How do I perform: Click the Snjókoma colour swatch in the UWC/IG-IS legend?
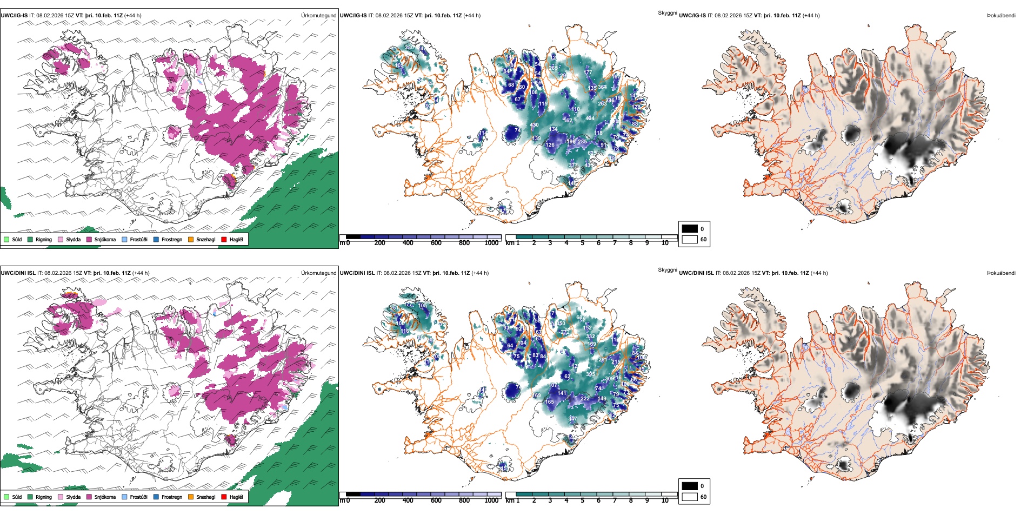tap(89, 239)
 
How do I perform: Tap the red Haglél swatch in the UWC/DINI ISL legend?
tap(224, 497)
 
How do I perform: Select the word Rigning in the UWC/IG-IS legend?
tap(44, 239)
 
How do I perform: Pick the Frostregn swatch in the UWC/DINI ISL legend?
tap(156, 497)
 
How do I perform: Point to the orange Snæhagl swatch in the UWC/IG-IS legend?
tap(191, 239)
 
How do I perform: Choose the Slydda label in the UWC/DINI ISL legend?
tap(74, 497)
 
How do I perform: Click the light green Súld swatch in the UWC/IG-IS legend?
tap(6, 239)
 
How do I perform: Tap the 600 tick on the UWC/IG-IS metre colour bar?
tap(436, 243)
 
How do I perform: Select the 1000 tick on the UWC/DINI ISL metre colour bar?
tap(491, 500)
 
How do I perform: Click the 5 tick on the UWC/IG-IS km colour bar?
tap(583, 243)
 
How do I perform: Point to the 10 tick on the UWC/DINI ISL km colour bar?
tap(665, 500)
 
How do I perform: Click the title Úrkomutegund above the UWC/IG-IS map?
tap(318, 16)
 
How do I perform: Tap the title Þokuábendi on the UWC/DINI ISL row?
tap(1001, 273)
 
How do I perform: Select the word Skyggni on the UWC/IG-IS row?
tap(668, 12)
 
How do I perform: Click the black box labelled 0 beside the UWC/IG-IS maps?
tap(690, 229)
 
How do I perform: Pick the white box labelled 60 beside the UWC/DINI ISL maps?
tap(690, 497)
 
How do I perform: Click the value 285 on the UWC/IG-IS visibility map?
tap(582, 142)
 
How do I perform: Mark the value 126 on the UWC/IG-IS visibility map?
tap(550, 145)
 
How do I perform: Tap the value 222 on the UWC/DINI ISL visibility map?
tap(585, 399)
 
